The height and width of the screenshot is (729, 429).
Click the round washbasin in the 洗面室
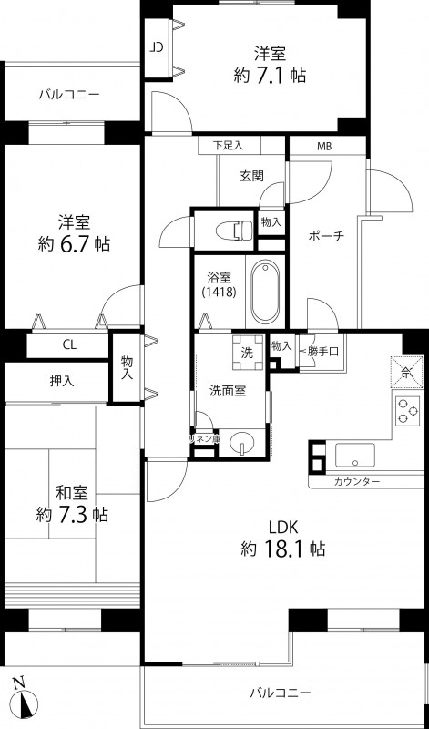click(241, 444)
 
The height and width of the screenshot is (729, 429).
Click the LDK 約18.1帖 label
click(283, 539)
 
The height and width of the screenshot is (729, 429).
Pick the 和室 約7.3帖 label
click(73, 504)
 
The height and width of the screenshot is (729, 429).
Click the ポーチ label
click(326, 236)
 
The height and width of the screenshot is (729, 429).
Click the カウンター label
click(357, 480)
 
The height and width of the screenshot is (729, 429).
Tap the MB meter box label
click(323, 146)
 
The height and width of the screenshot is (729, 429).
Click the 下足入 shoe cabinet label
click(230, 146)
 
